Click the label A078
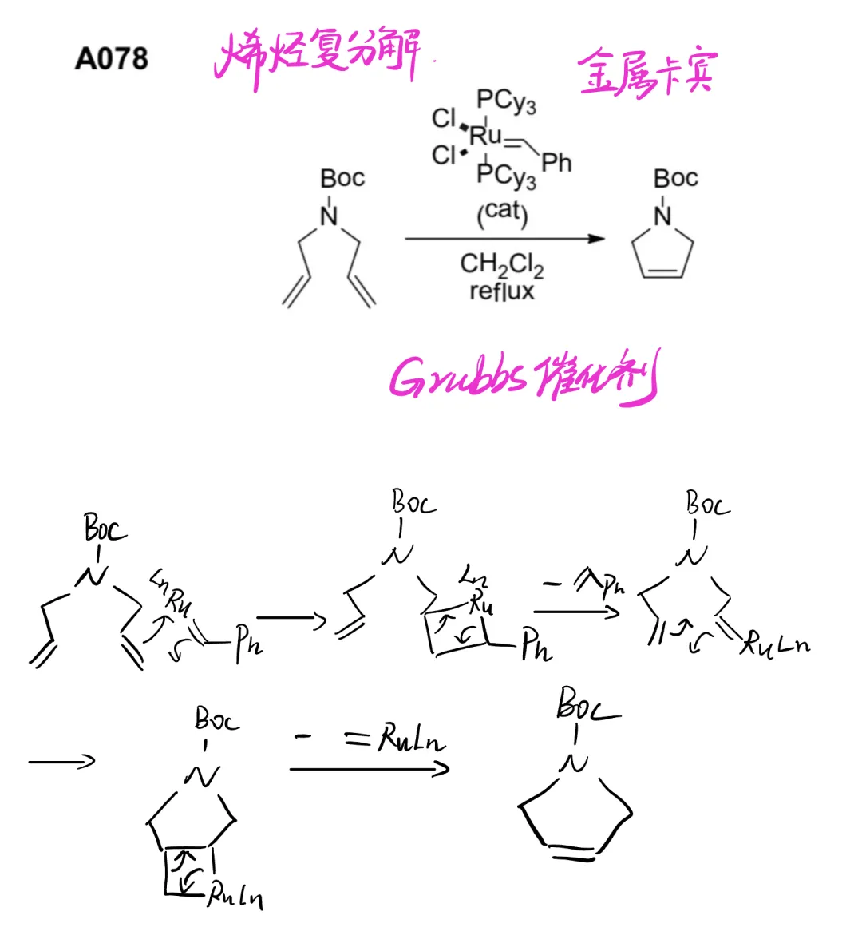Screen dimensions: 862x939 click(x=112, y=58)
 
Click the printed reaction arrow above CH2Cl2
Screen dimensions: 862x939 click(x=504, y=239)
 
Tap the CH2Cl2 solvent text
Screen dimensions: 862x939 click(x=501, y=264)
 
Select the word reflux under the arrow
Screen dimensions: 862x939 click(x=501, y=291)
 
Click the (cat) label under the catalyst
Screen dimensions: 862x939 click(x=503, y=212)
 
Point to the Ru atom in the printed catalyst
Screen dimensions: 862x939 click(x=485, y=134)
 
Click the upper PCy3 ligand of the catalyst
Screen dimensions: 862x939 click(x=506, y=101)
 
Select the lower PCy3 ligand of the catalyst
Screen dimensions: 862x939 click(x=506, y=175)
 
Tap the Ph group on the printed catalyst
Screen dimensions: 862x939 click(x=556, y=163)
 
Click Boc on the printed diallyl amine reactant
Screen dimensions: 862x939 click(x=342, y=178)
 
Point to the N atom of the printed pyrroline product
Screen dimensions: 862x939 click(x=662, y=216)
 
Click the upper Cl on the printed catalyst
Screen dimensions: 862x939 click(x=444, y=118)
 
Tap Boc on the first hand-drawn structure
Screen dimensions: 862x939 click(x=105, y=529)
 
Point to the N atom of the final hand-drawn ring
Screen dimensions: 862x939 click(x=575, y=764)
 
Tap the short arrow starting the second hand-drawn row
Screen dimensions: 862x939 click(x=61, y=761)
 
